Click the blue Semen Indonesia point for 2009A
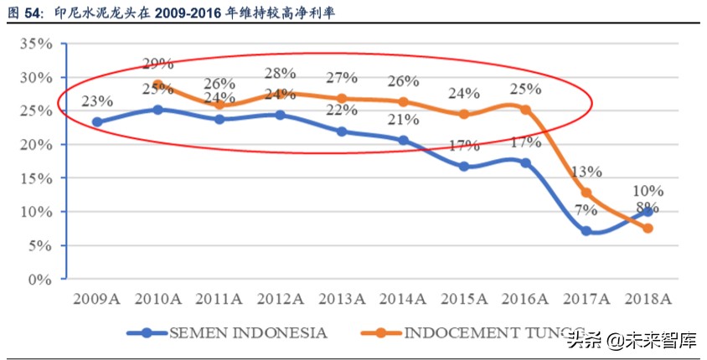click(x=98, y=122)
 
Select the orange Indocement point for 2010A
click(x=157, y=85)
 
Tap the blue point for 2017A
click(x=586, y=231)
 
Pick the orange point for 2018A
click(x=648, y=229)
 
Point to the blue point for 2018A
click(x=648, y=212)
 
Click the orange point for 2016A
click(x=525, y=110)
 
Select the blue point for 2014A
click(x=403, y=141)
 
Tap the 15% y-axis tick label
click(x=37, y=178)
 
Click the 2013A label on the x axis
click(x=342, y=299)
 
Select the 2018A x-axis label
click(x=648, y=299)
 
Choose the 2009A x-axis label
click(x=97, y=299)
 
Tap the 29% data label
click(x=157, y=63)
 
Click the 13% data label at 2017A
click(x=586, y=172)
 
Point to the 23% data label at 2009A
click(x=98, y=101)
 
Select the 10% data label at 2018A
click(x=648, y=191)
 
